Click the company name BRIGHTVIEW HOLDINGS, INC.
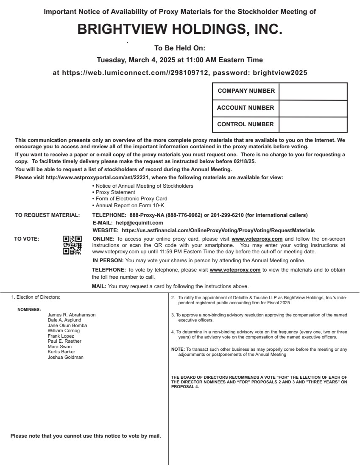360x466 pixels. pos(180,29)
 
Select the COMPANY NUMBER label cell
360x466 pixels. pos(246,91)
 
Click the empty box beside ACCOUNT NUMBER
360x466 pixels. pos(313,108)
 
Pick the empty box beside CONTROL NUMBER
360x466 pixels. pos(313,125)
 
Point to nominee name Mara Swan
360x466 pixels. pos(60,347)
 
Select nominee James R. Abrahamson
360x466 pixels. pos(72,315)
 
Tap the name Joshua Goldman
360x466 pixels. pos(66,357)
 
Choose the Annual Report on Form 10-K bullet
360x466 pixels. pos(130,205)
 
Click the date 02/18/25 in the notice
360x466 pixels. pos(243,161)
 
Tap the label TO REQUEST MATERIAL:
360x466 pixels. pos(47,215)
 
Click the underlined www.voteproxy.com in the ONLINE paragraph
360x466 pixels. pos(257,239)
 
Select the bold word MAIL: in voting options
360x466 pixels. pos(99,286)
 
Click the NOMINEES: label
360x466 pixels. pos(29,310)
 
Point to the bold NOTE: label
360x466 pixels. pos(178,349)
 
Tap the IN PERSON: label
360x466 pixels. pos(108,261)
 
